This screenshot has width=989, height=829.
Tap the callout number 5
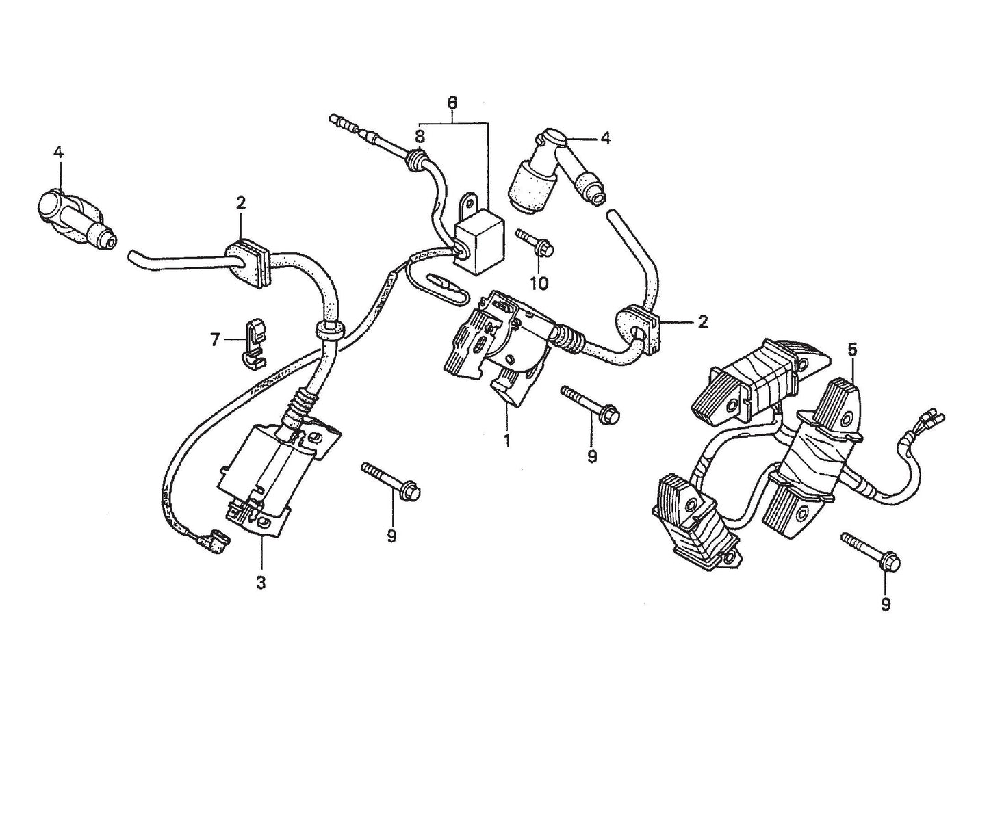852,350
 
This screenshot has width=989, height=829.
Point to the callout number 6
452,103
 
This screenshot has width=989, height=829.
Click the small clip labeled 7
254,341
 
